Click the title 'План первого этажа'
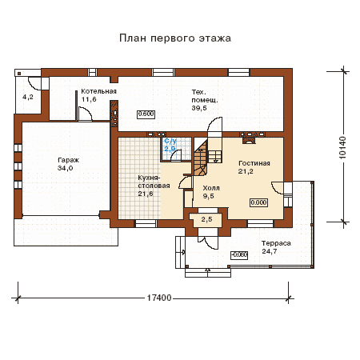(175, 38)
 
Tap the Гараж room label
(68, 160)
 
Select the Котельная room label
(98, 91)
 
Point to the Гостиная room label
(254, 163)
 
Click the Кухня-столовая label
(154, 182)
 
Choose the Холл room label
(211, 188)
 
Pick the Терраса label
(276, 243)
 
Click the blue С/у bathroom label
(170, 141)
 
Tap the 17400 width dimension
(159, 298)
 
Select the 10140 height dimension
(342, 148)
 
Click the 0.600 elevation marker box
(146, 114)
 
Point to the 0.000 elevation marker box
(258, 202)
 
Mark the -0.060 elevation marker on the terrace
(239, 255)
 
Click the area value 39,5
(199, 108)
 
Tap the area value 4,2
(28, 97)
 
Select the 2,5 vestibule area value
(206, 219)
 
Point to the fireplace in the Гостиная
(249, 138)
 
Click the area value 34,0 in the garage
(65, 168)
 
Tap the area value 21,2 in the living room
(246, 171)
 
